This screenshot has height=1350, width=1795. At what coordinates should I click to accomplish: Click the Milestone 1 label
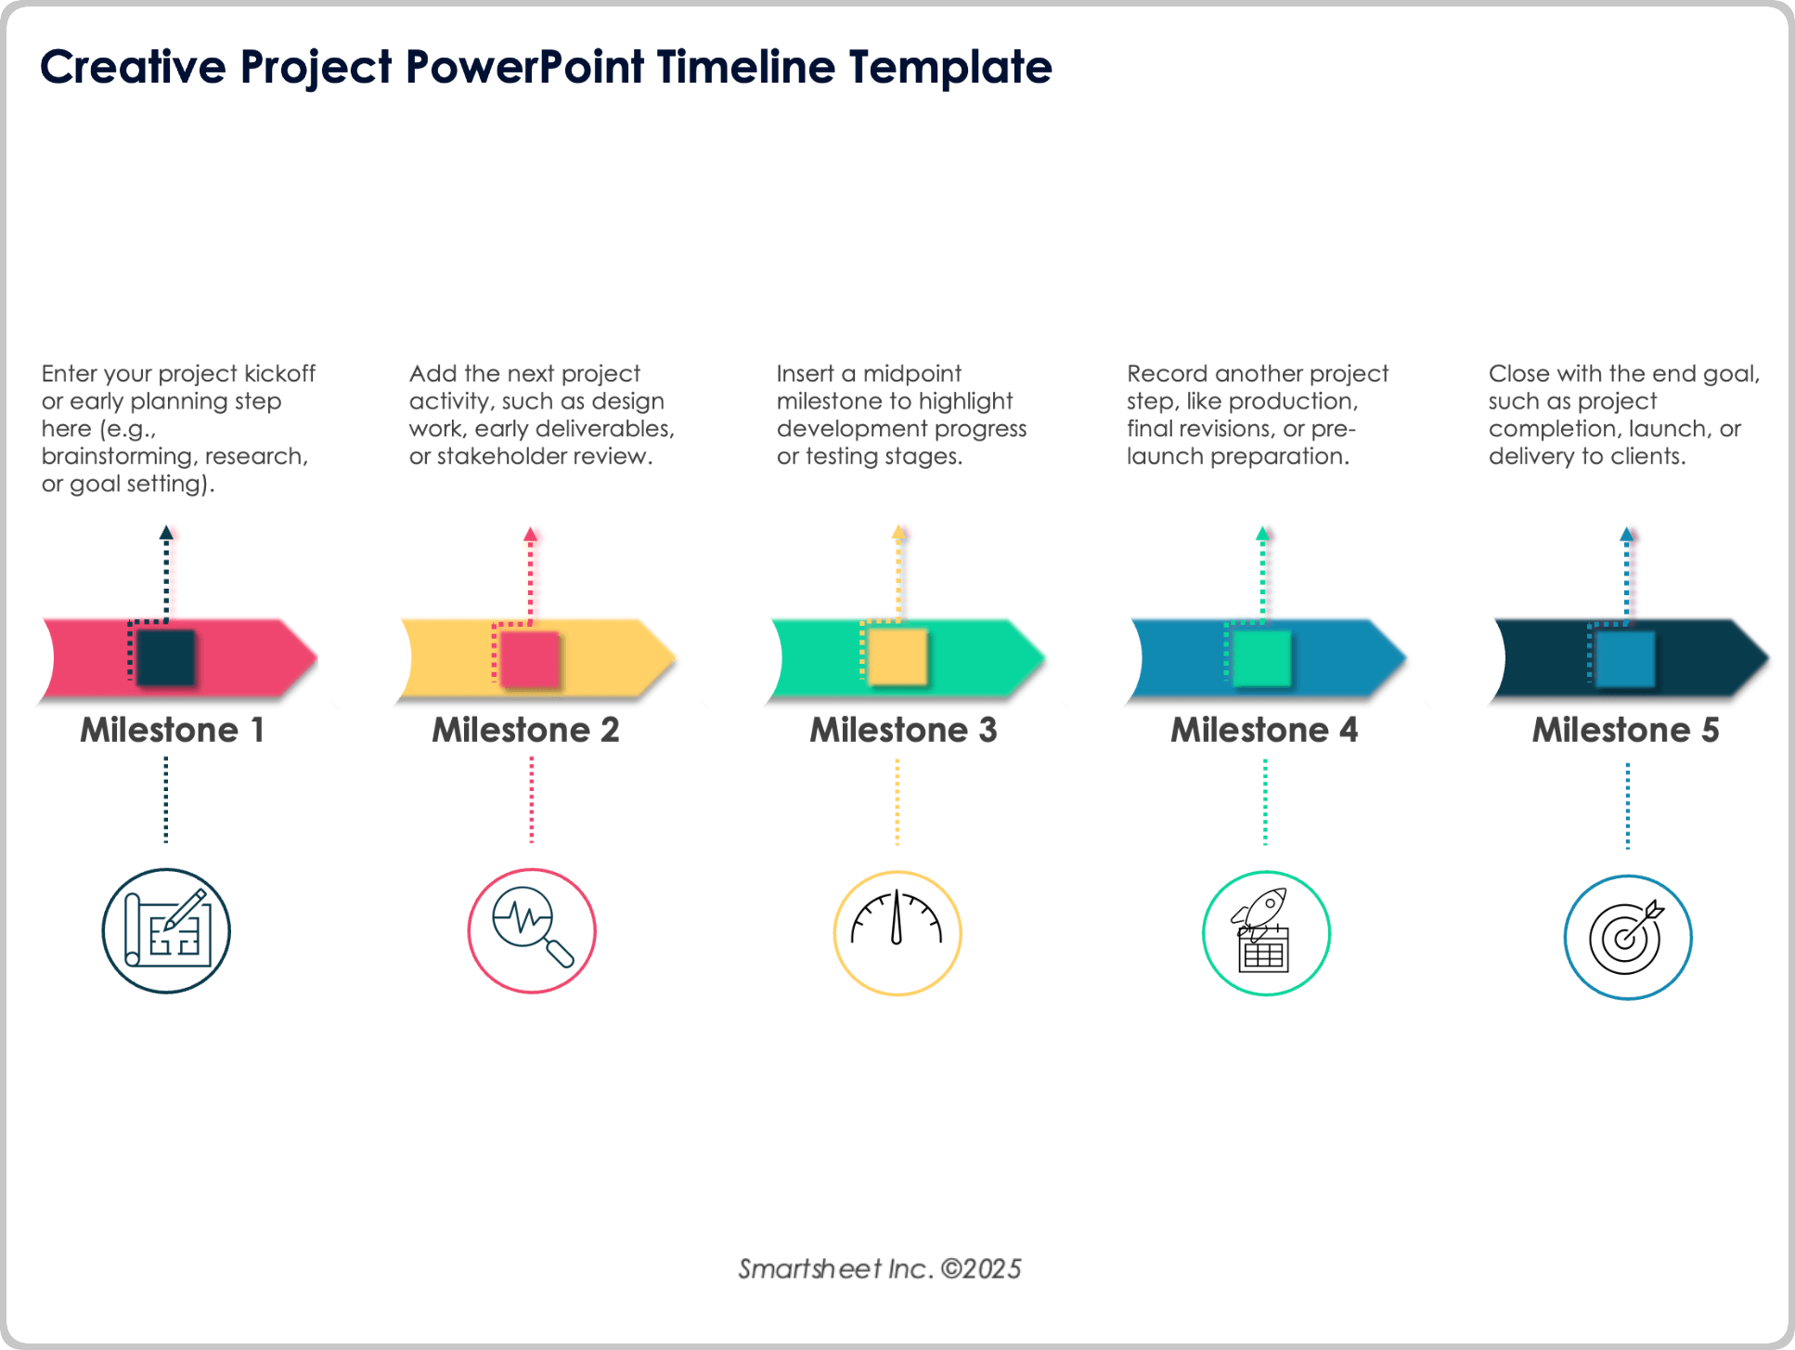[x=172, y=730]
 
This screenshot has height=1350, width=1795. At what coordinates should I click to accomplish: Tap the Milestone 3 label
[x=903, y=730]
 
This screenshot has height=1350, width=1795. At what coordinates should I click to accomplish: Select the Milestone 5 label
[x=1625, y=730]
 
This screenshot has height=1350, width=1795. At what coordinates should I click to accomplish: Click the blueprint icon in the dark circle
[x=166, y=930]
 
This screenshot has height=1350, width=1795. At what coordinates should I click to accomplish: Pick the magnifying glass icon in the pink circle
[x=532, y=930]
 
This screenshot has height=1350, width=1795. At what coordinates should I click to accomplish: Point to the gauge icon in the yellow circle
[x=897, y=932]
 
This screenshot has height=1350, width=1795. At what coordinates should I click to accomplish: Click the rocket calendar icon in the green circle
[x=1265, y=933]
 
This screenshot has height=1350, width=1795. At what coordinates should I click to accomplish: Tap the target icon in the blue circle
[x=1627, y=937]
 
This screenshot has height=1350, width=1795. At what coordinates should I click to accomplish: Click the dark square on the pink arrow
[x=166, y=657]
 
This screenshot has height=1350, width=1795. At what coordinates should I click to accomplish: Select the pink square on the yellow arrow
[x=530, y=659]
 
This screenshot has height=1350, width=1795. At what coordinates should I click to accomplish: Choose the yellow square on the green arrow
[x=897, y=656]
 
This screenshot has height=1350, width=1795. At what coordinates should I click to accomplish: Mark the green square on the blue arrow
[x=1262, y=657]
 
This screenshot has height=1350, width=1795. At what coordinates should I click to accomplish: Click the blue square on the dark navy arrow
[x=1626, y=657]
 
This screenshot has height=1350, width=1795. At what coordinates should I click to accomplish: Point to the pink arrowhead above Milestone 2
[x=530, y=535]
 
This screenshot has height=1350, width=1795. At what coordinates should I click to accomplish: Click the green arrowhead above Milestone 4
[x=1262, y=534]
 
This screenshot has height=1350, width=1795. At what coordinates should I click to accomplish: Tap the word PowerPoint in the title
[x=524, y=67]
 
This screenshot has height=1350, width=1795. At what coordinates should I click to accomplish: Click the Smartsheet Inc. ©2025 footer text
[x=879, y=1268]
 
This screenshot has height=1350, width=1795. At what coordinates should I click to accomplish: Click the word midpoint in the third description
[x=911, y=373]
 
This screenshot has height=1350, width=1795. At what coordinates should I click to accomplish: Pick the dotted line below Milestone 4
[x=1264, y=801]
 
